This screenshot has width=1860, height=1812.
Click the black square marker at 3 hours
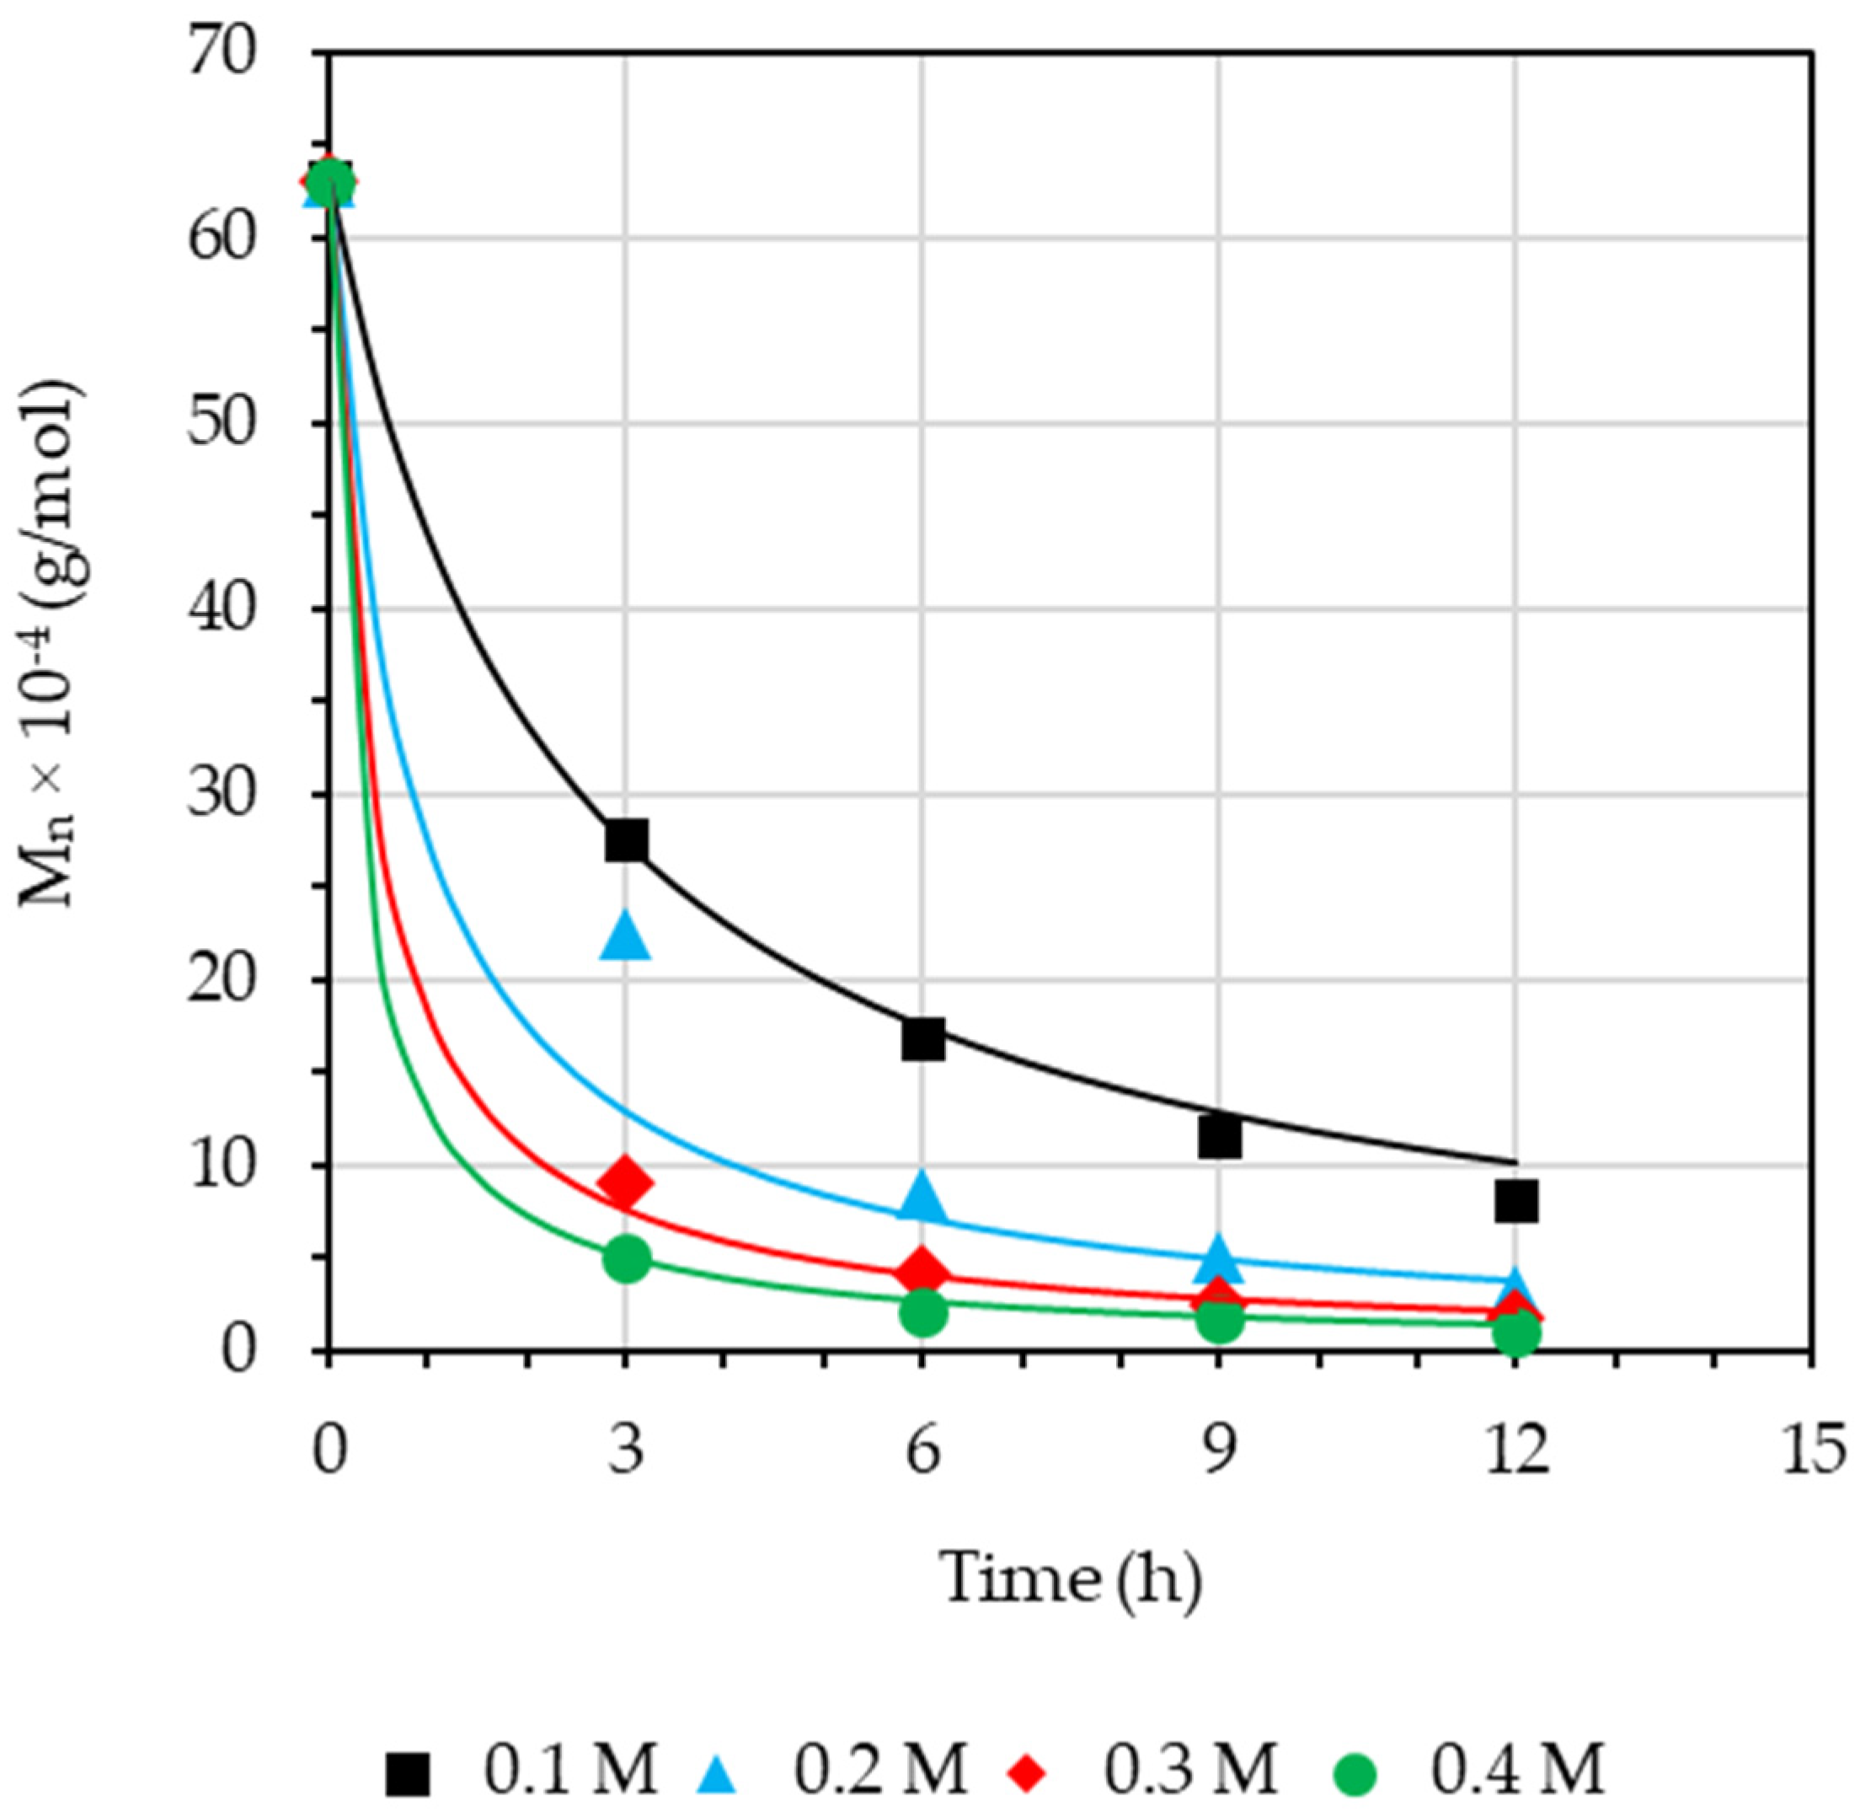[x=625, y=840]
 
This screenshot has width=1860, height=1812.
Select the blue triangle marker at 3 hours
[x=625, y=937]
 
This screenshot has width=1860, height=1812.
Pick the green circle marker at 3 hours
[x=625, y=1259]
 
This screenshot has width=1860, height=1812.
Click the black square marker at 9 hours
[x=1219, y=1136]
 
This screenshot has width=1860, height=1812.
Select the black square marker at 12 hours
[x=1515, y=1201]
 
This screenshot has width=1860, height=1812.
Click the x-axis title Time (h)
[x=1071, y=1578]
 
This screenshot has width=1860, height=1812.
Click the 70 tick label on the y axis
[x=222, y=53]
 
